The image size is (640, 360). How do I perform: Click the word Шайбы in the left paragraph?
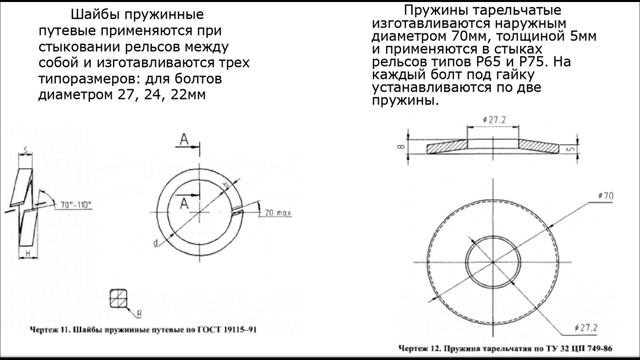pyautogui.click(x=97, y=17)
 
